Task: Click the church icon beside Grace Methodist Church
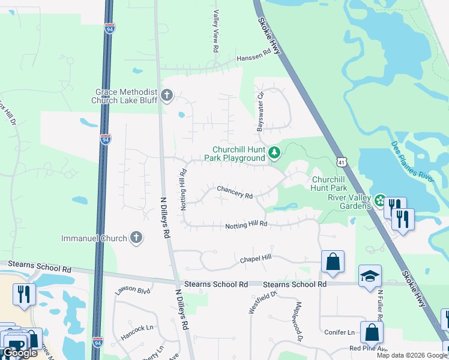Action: [166, 95]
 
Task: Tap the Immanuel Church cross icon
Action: [136, 238]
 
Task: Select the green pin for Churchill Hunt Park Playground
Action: [274, 153]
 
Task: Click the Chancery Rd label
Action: [234, 193]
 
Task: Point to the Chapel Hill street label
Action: [256, 259]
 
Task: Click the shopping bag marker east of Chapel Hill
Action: [333, 262]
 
